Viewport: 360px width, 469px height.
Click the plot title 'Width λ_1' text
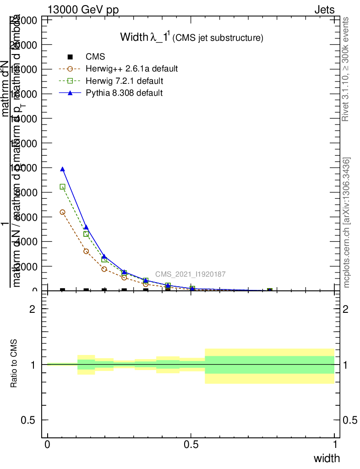145,37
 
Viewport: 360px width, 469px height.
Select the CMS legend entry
95,57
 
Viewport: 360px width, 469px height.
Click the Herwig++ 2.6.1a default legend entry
131,69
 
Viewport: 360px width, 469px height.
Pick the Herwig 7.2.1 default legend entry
125,81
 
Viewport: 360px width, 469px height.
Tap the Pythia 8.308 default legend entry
124,93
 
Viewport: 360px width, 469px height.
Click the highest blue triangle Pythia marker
62,169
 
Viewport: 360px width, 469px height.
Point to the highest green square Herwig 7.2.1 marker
62,187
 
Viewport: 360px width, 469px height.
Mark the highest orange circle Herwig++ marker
62,212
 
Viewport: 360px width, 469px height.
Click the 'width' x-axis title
327,458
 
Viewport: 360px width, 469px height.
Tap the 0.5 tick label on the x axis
191,445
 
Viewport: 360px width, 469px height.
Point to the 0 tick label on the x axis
48,445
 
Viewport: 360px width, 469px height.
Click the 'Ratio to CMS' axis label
14,364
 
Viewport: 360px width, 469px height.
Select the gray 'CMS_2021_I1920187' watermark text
190,274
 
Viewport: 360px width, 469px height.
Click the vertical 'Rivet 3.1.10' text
346,69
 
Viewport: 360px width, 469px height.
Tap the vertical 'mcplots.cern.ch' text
347,223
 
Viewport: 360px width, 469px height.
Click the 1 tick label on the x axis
335,445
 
